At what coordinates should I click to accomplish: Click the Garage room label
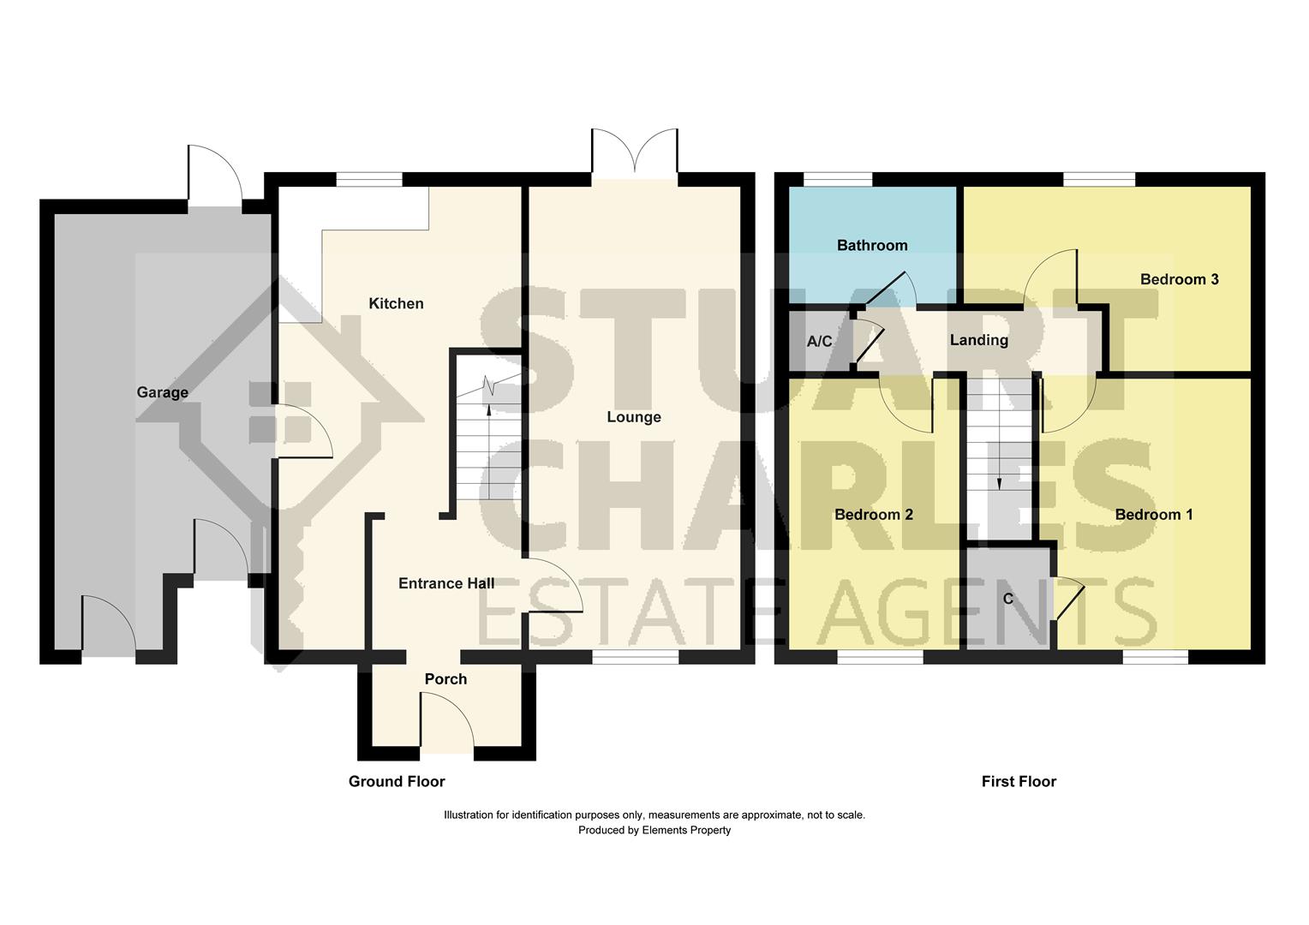click(163, 392)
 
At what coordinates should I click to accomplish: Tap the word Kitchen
click(396, 303)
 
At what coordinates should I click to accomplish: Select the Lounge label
click(634, 417)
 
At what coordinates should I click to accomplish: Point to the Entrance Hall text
click(446, 583)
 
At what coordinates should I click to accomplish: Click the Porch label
click(445, 679)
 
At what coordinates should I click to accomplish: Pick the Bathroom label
click(872, 246)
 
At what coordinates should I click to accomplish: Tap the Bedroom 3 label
click(1180, 279)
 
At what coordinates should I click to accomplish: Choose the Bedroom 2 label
click(874, 515)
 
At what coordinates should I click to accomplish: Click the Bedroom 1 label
click(1154, 515)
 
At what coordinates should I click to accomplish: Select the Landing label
click(979, 340)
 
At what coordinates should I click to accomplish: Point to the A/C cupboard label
click(819, 341)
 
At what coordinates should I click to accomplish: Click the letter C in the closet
click(1008, 599)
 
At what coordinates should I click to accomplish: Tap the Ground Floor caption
click(397, 781)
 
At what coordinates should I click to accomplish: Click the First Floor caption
click(1019, 781)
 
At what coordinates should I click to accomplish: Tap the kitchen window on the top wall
click(369, 179)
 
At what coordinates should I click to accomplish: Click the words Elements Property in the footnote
click(687, 830)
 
